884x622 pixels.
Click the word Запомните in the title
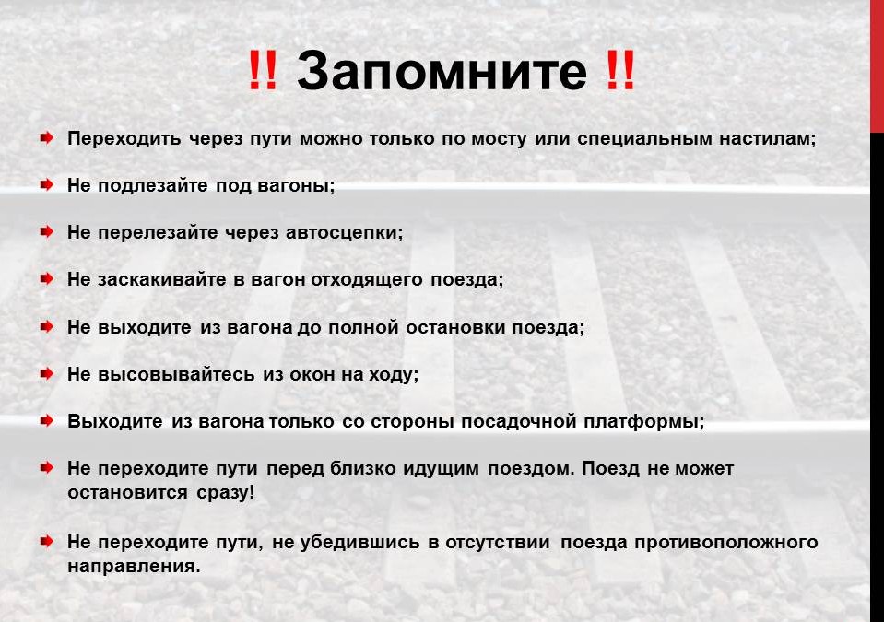442,70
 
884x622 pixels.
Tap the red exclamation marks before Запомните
263,70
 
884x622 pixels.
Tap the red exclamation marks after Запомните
620,70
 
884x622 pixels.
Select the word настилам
767,138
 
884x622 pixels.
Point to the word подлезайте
153,185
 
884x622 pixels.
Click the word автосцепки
345,233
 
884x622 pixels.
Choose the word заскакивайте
162,279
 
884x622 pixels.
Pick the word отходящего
367,280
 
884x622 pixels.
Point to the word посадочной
519,421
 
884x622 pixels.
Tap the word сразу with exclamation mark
226,493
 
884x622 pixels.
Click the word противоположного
726,542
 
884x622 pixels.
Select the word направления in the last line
135,566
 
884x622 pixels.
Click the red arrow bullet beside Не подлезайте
47,184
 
